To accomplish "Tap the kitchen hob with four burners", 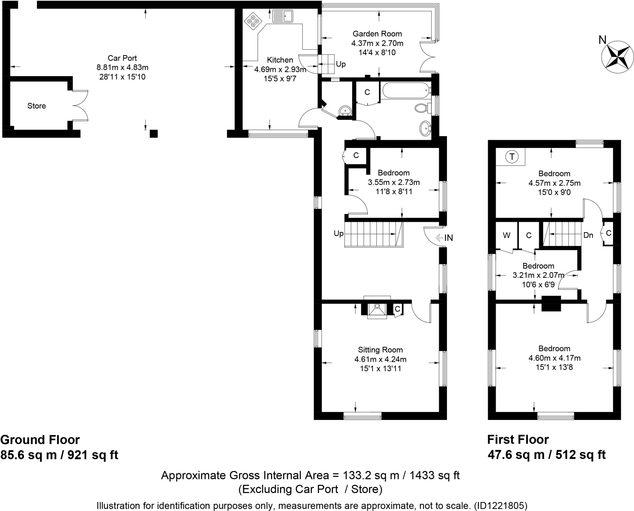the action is [x=253, y=21].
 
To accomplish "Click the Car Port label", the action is [x=122, y=58].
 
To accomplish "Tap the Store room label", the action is [x=37, y=106].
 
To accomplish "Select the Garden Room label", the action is [x=377, y=34].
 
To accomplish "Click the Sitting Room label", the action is [x=380, y=350].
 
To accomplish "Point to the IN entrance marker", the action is [x=445, y=238].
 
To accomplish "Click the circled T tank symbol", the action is [x=512, y=157].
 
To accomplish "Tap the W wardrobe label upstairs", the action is [x=506, y=235].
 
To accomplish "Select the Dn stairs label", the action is [x=588, y=235].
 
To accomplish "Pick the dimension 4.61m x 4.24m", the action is [x=380, y=359].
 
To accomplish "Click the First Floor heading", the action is [x=518, y=439].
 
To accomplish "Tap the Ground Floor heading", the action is [x=40, y=440].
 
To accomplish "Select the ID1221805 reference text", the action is [x=501, y=506].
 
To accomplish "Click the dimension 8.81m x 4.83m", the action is [x=122, y=67].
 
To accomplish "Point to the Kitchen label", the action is [x=280, y=60].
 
